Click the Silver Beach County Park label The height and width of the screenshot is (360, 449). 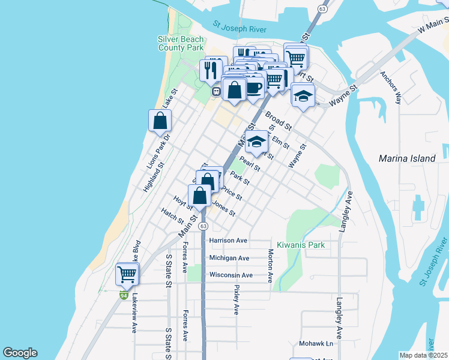pyautogui.click(x=181, y=43)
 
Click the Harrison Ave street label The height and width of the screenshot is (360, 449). pyautogui.click(x=229, y=241)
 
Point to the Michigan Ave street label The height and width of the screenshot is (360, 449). pyautogui.click(x=229, y=258)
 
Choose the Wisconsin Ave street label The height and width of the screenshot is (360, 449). pyautogui.click(x=231, y=275)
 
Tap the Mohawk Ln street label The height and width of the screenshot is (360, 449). pyautogui.click(x=316, y=344)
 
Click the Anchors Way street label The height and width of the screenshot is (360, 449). pyautogui.click(x=390, y=88)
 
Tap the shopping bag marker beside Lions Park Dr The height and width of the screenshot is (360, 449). pyautogui.click(x=160, y=121)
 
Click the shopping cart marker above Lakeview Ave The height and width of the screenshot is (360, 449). pyautogui.click(x=127, y=274)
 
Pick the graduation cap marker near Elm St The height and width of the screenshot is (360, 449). pyautogui.click(x=256, y=142)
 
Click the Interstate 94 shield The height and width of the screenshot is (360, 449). pyautogui.click(x=124, y=295)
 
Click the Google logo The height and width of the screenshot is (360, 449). pyautogui.click(x=20, y=353)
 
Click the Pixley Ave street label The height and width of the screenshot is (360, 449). pyautogui.click(x=236, y=299)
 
